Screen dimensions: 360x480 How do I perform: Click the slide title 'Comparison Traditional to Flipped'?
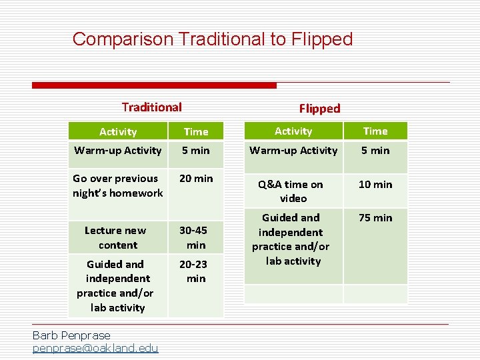[x=212, y=39]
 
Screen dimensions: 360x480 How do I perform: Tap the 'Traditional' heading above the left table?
[x=151, y=107]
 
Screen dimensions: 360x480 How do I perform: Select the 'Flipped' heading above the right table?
[x=319, y=108]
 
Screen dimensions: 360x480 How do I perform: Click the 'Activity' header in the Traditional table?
[x=118, y=132]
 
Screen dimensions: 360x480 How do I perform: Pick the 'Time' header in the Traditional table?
[x=196, y=132]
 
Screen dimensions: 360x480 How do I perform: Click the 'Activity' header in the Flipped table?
[x=293, y=131]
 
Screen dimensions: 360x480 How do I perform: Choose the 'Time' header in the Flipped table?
[x=375, y=131]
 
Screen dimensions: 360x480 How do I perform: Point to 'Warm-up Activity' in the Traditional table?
[x=118, y=151]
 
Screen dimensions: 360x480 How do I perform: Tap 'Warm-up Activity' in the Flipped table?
[x=293, y=151]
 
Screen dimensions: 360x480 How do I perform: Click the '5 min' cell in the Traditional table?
[x=196, y=151]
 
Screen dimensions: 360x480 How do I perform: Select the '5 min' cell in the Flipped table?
[x=375, y=151]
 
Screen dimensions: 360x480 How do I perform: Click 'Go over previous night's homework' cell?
[x=118, y=185]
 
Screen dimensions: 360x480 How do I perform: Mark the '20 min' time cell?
[x=196, y=179]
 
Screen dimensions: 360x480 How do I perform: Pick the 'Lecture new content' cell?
[x=115, y=237]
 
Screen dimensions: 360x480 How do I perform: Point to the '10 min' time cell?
[x=375, y=185]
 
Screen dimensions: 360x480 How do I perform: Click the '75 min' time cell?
[x=375, y=218]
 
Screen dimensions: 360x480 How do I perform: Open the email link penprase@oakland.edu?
[x=95, y=348]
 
